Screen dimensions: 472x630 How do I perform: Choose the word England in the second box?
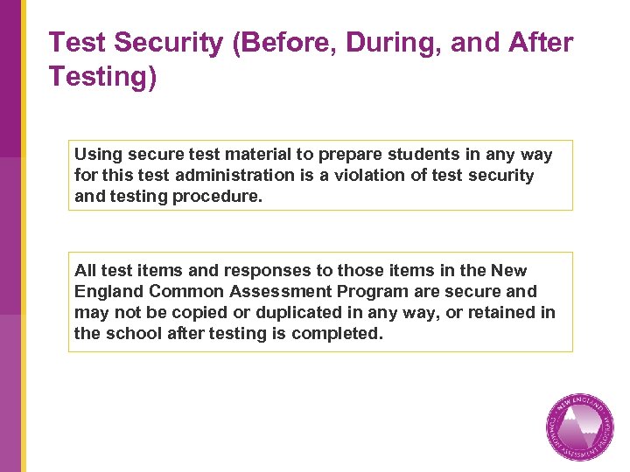pyautogui.click(x=109, y=292)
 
